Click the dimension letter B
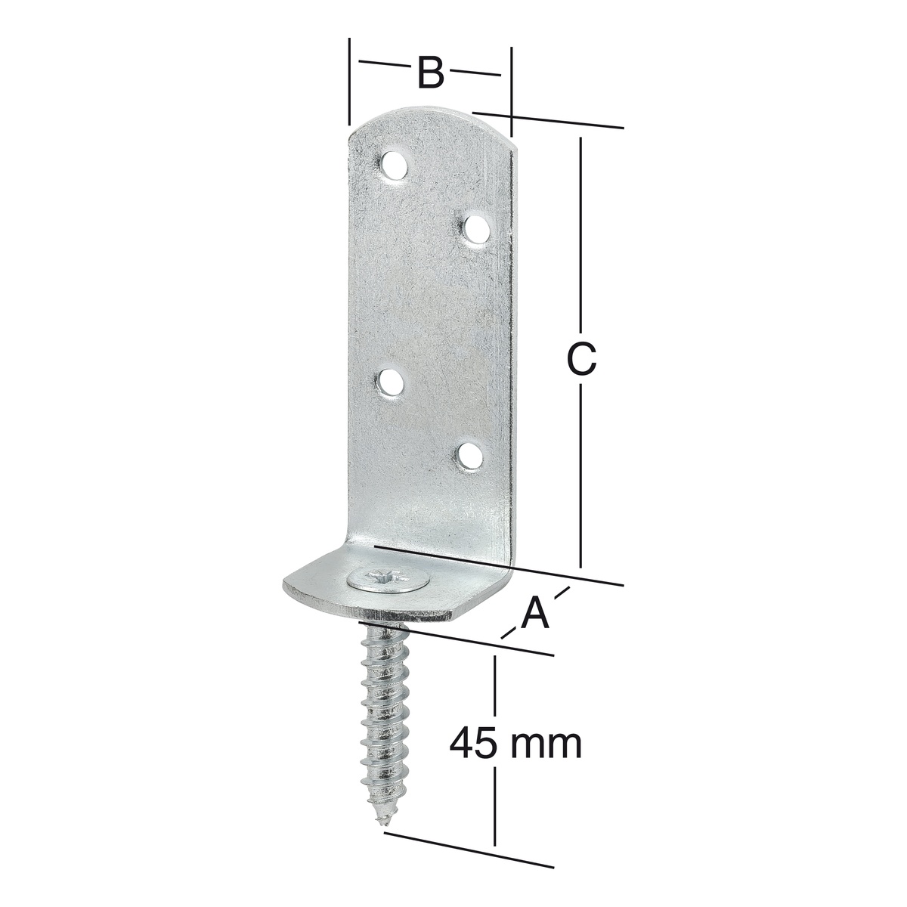pyautogui.click(x=430, y=73)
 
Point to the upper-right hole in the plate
pyautogui.click(x=475, y=229)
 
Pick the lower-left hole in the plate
pyautogui.click(x=392, y=383)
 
